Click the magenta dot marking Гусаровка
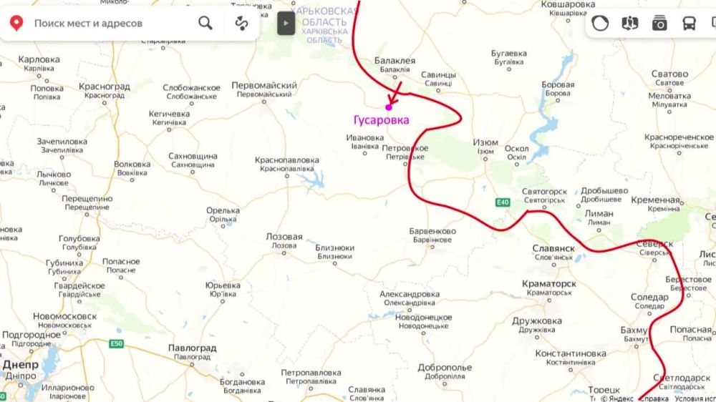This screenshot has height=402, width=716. [x=389, y=107]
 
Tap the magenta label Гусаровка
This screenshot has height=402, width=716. [x=382, y=120]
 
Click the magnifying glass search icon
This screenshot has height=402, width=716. [x=205, y=24]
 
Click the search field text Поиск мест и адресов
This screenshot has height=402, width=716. [x=88, y=24]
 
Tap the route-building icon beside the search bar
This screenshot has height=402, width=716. [x=241, y=24]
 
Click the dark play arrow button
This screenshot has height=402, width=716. [x=286, y=23]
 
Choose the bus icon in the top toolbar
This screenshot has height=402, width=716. [x=689, y=24]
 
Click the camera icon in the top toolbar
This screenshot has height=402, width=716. [x=659, y=24]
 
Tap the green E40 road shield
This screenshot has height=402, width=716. [x=503, y=202]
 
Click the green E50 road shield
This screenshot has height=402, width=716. [x=116, y=344]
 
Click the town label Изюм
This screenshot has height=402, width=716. [x=485, y=143]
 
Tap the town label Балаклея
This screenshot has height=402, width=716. [x=395, y=62]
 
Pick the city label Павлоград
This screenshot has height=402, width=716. [x=191, y=348]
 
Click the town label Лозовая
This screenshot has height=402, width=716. [x=284, y=237]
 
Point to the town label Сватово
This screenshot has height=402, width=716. [x=669, y=74]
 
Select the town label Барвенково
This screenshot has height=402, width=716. [x=432, y=232]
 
